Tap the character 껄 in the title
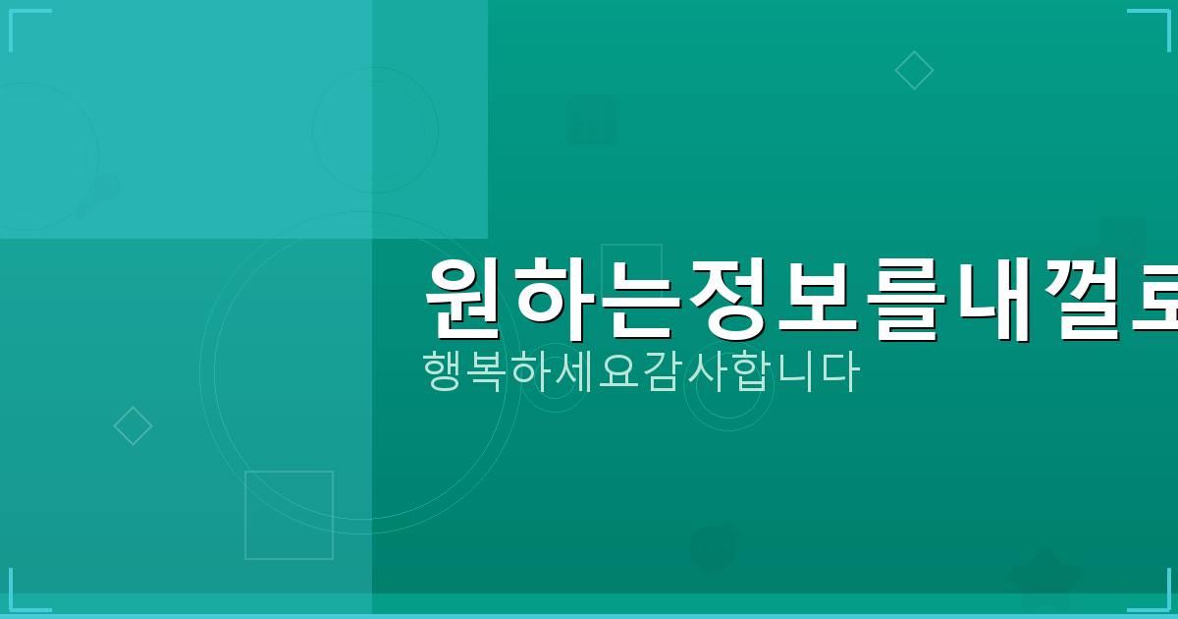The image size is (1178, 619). (x=1079, y=298)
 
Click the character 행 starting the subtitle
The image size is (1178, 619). (x=443, y=371)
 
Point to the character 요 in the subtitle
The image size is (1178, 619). (x=620, y=371)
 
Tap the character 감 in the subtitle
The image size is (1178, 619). (x=665, y=371)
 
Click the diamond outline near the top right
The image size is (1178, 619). (x=914, y=71)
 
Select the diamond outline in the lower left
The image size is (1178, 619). (x=133, y=426)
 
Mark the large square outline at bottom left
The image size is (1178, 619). (x=289, y=515)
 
